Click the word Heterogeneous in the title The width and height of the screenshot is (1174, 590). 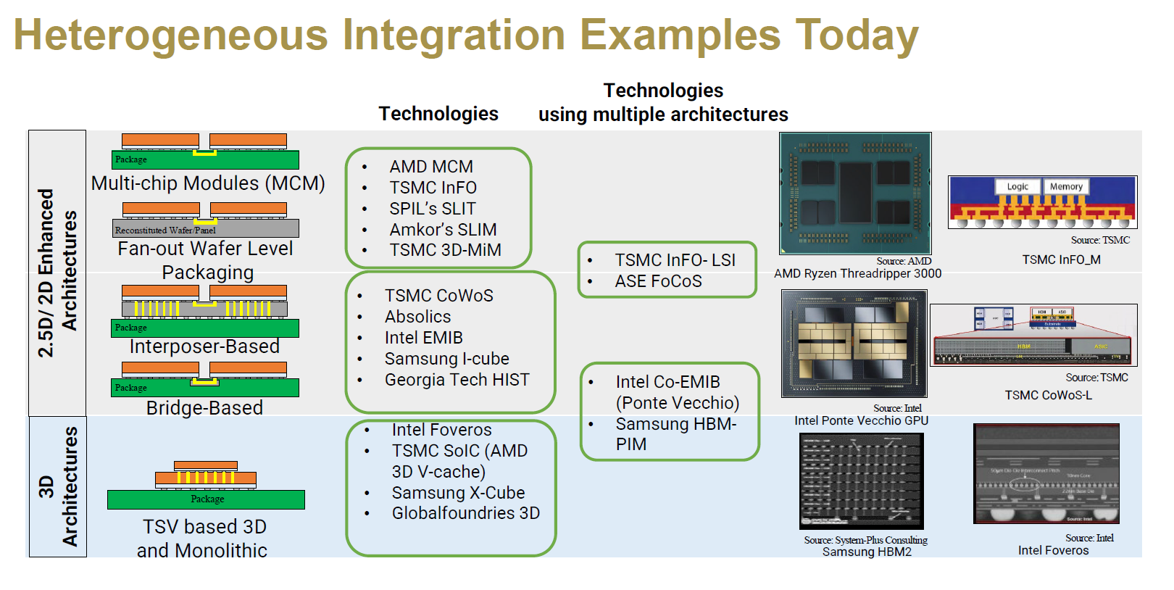click(x=171, y=35)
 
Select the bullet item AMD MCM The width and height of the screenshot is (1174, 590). click(x=430, y=167)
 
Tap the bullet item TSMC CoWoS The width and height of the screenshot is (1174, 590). click(x=438, y=296)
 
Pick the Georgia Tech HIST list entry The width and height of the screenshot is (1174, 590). click(x=457, y=380)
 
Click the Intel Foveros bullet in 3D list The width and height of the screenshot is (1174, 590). click(x=441, y=430)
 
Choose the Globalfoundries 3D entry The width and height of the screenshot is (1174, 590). click(x=465, y=513)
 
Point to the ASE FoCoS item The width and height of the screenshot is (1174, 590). click(x=658, y=281)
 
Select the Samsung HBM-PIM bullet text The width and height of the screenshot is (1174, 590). click(x=675, y=433)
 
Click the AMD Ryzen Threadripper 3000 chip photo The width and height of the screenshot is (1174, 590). click(x=855, y=193)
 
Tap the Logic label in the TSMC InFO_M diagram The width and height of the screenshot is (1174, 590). click(x=1017, y=186)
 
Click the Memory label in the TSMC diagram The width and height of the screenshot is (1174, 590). click(x=1066, y=186)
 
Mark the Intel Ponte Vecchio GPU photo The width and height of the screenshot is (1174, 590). click(x=854, y=343)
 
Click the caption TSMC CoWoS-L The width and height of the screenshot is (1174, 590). click(x=1048, y=395)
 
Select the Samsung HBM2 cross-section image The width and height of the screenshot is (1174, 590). click(x=861, y=481)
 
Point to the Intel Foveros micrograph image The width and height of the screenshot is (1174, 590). click(x=1046, y=473)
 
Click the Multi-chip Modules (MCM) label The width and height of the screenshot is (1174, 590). click(x=208, y=183)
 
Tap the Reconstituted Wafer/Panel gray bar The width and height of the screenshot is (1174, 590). click(x=206, y=230)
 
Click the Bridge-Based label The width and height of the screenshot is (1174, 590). click(x=204, y=408)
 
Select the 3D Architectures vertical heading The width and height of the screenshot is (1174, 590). click(x=58, y=486)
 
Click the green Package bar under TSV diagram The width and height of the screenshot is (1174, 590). click(x=206, y=499)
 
